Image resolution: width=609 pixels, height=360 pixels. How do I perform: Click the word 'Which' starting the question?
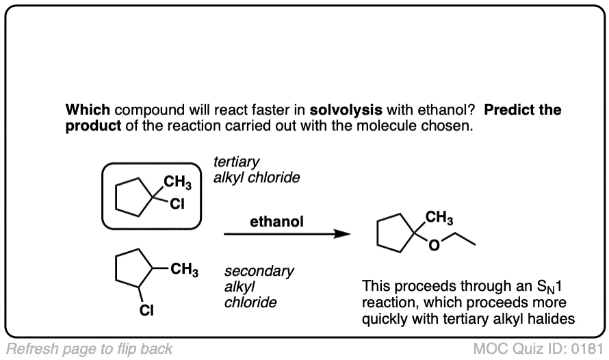[x=88, y=110]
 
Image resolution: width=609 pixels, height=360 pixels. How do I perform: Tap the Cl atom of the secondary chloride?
[x=146, y=311]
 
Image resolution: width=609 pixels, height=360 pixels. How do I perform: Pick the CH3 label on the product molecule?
[x=439, y=218]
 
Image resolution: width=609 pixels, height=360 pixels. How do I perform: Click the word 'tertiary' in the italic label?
[x=237, y=162]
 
